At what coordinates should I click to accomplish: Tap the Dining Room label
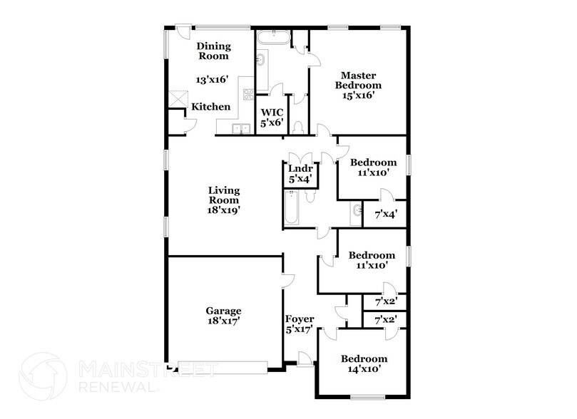pyautogui.click(x=213, y=51)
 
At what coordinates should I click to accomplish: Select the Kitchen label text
pyautogui.click(x=210, y=107)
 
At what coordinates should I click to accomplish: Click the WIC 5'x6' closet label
pyautogui.click(x=272, y=118)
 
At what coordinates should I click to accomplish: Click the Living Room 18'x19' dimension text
pyautogui.click(x=223, y=211)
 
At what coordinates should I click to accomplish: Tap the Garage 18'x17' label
pyautogui.click(x=223, y=316)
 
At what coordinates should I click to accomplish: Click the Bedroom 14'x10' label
pyautogui.click(x=363, y=363)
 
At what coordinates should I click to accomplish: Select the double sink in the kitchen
pyautogui.click(x=240, y=129)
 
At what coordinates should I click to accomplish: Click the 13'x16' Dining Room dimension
pyautogui.click(x=213, y=80)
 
